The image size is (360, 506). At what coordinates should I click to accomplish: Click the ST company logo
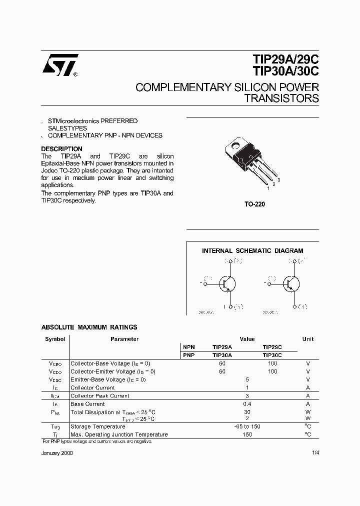[x=59, y=65]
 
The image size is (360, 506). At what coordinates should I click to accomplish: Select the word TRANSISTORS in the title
[x=281, y=98]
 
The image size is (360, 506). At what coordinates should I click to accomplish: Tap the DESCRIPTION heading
[x=61, y=149]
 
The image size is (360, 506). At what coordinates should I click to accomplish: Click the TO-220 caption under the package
[x=255, y=204]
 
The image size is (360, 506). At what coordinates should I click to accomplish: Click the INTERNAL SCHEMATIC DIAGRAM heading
[x=252, y=251]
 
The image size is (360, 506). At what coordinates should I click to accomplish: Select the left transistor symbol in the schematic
[x=227, y=284]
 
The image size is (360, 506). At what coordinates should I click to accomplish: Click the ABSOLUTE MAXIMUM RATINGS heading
[x=89, y=327]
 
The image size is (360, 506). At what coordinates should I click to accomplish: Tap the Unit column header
[x=308, y=339]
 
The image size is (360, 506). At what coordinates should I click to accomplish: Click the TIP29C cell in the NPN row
[x=272, y=347]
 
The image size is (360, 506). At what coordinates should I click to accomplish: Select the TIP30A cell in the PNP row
[x=222, y=355]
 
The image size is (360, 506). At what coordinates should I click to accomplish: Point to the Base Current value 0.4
[x=247, y=404]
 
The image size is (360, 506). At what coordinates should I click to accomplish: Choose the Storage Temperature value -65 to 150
[x=247, y=426]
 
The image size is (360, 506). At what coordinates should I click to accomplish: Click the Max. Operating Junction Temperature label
[x=119, y=434]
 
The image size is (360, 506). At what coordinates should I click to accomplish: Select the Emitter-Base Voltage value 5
[x=247, y=379]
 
